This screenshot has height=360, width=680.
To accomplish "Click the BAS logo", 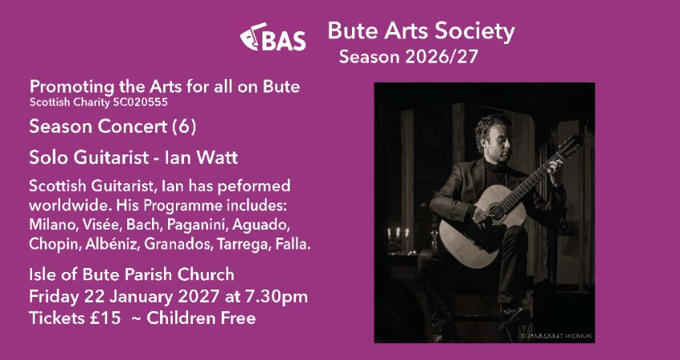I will click(273, 38).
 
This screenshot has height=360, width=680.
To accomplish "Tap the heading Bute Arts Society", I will click(421, 32).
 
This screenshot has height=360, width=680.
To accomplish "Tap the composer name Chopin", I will click(50, 242).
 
